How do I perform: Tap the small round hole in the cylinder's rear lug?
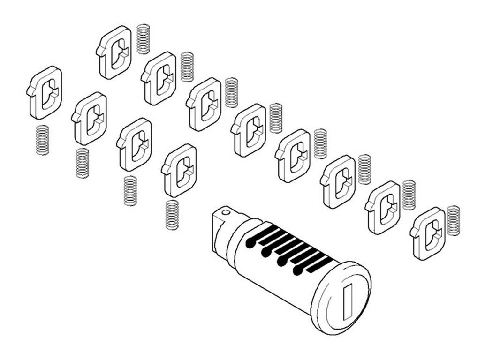pos(227,212)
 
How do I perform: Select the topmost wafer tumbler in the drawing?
pos(114,52)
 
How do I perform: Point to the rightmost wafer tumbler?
pos(428,233)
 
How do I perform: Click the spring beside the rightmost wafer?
pos(454,220)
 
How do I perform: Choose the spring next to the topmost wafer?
pos(143,39)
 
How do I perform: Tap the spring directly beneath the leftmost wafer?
pos(43,140)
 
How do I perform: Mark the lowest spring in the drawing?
pos(172,215)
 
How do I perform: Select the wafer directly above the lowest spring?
pos(180,170)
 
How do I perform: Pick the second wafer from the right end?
pos(383,208)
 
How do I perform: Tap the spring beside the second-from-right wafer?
pos(409,195)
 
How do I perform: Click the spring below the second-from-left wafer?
pos(83,163)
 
